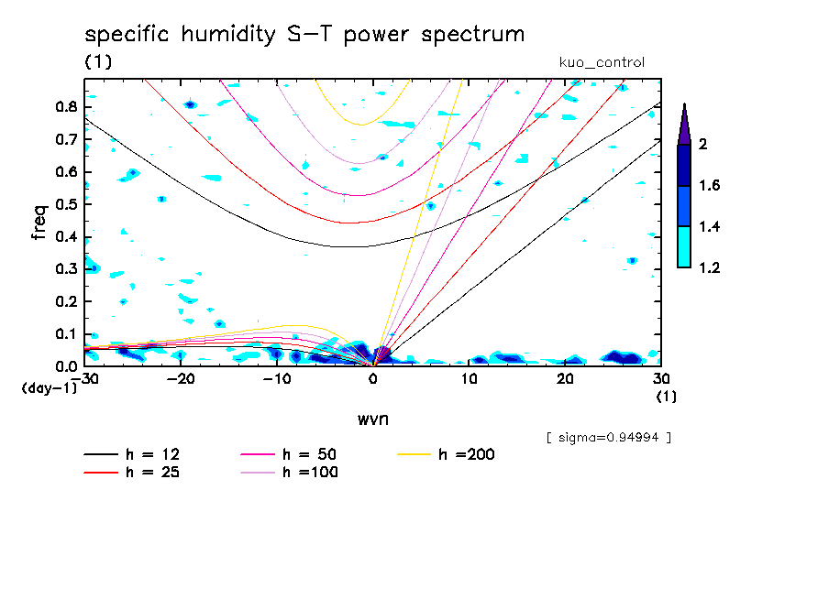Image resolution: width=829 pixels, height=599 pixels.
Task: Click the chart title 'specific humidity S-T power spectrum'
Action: coord(304,35)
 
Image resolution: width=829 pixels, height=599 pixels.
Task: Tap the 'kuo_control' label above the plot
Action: coord(601,62)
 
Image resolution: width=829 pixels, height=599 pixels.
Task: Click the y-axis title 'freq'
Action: coord(39,223)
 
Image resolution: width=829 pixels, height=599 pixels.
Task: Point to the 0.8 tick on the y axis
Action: coord(64,106)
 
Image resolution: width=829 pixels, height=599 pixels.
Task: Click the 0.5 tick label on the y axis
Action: coord(64,204)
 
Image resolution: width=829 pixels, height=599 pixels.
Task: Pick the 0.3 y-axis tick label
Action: coord(64,269)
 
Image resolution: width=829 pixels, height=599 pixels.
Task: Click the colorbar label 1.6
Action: coord(710,186)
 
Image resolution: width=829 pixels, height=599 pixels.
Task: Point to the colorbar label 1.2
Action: coord(710,268)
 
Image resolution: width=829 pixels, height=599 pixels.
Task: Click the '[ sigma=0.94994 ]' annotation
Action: coord(608,437)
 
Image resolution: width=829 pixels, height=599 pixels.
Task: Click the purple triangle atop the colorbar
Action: coord(684,125)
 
